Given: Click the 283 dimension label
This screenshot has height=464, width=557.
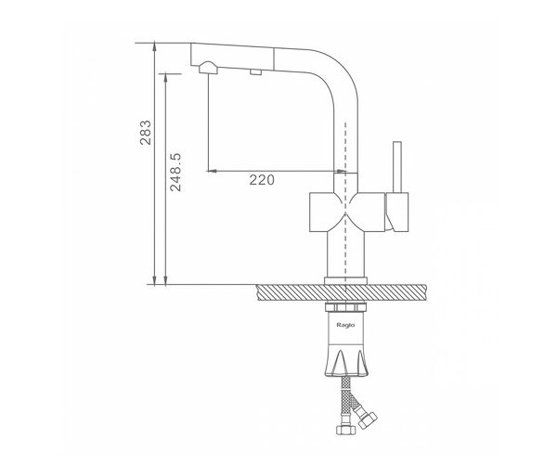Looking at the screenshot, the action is [146, 133].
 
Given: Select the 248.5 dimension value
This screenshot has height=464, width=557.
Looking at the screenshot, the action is [175, 173].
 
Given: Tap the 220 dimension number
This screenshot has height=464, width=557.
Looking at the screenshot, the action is [262, 180].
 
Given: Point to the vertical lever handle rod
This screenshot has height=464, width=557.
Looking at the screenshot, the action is [397, 167].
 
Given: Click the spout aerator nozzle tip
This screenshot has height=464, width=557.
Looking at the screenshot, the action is [208, 68].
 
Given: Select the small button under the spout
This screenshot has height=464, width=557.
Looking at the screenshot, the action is [256, 72].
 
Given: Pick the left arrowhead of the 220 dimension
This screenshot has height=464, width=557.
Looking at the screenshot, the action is [212, 171].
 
